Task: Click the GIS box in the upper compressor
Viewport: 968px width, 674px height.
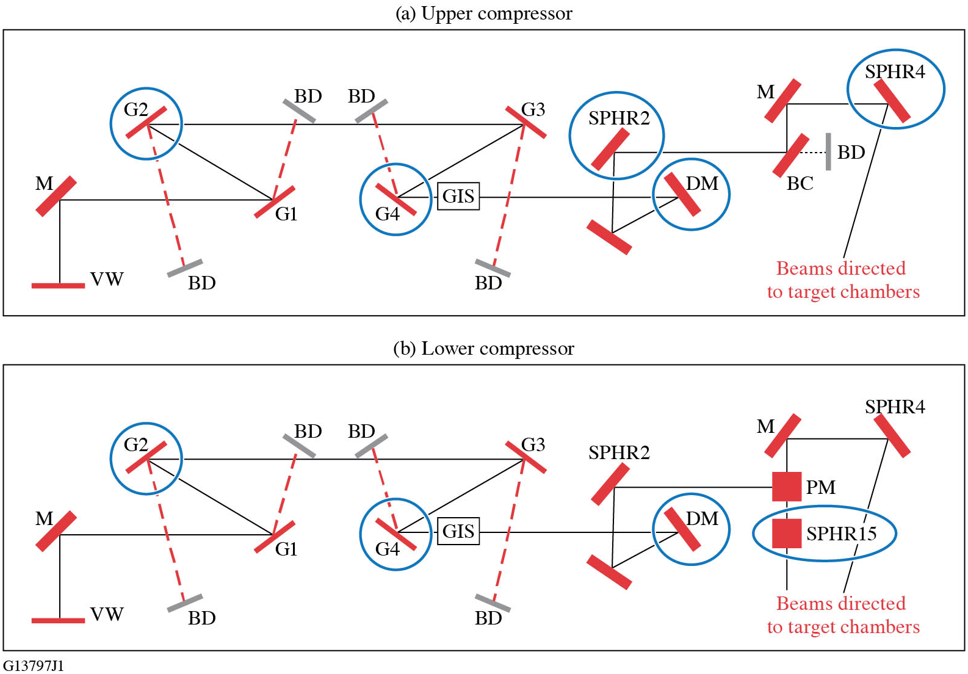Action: [458, 197]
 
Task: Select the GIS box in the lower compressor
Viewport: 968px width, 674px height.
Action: [458, 531]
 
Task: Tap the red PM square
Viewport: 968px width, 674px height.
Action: [786, 487]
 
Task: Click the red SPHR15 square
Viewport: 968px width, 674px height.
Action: [786, 533]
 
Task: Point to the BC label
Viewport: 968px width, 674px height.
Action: [800, 184]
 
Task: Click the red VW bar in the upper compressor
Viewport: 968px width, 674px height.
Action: [59, 285]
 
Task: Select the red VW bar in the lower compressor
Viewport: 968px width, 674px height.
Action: [59, 620]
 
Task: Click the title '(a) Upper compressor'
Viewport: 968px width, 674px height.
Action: [484, 13]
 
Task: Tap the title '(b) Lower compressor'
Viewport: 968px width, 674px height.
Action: [484, 349]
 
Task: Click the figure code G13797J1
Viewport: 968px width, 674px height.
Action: [33, 665]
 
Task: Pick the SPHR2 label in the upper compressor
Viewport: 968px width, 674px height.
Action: [619, 118]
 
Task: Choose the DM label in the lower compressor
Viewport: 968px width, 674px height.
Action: [702, 519]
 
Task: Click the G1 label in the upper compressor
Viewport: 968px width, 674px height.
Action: [286, 214]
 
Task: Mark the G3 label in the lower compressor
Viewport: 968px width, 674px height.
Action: [533, 444]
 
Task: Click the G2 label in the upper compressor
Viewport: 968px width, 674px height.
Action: [135, 110]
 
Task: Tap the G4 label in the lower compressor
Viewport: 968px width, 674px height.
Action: [387, 549]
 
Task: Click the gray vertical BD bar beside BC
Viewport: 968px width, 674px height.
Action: [828, 151]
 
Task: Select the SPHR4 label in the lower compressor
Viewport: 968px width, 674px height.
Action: [895, 407]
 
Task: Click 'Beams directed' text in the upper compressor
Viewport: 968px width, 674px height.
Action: [840, 269]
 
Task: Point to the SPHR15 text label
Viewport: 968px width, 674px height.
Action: [841, 534]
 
